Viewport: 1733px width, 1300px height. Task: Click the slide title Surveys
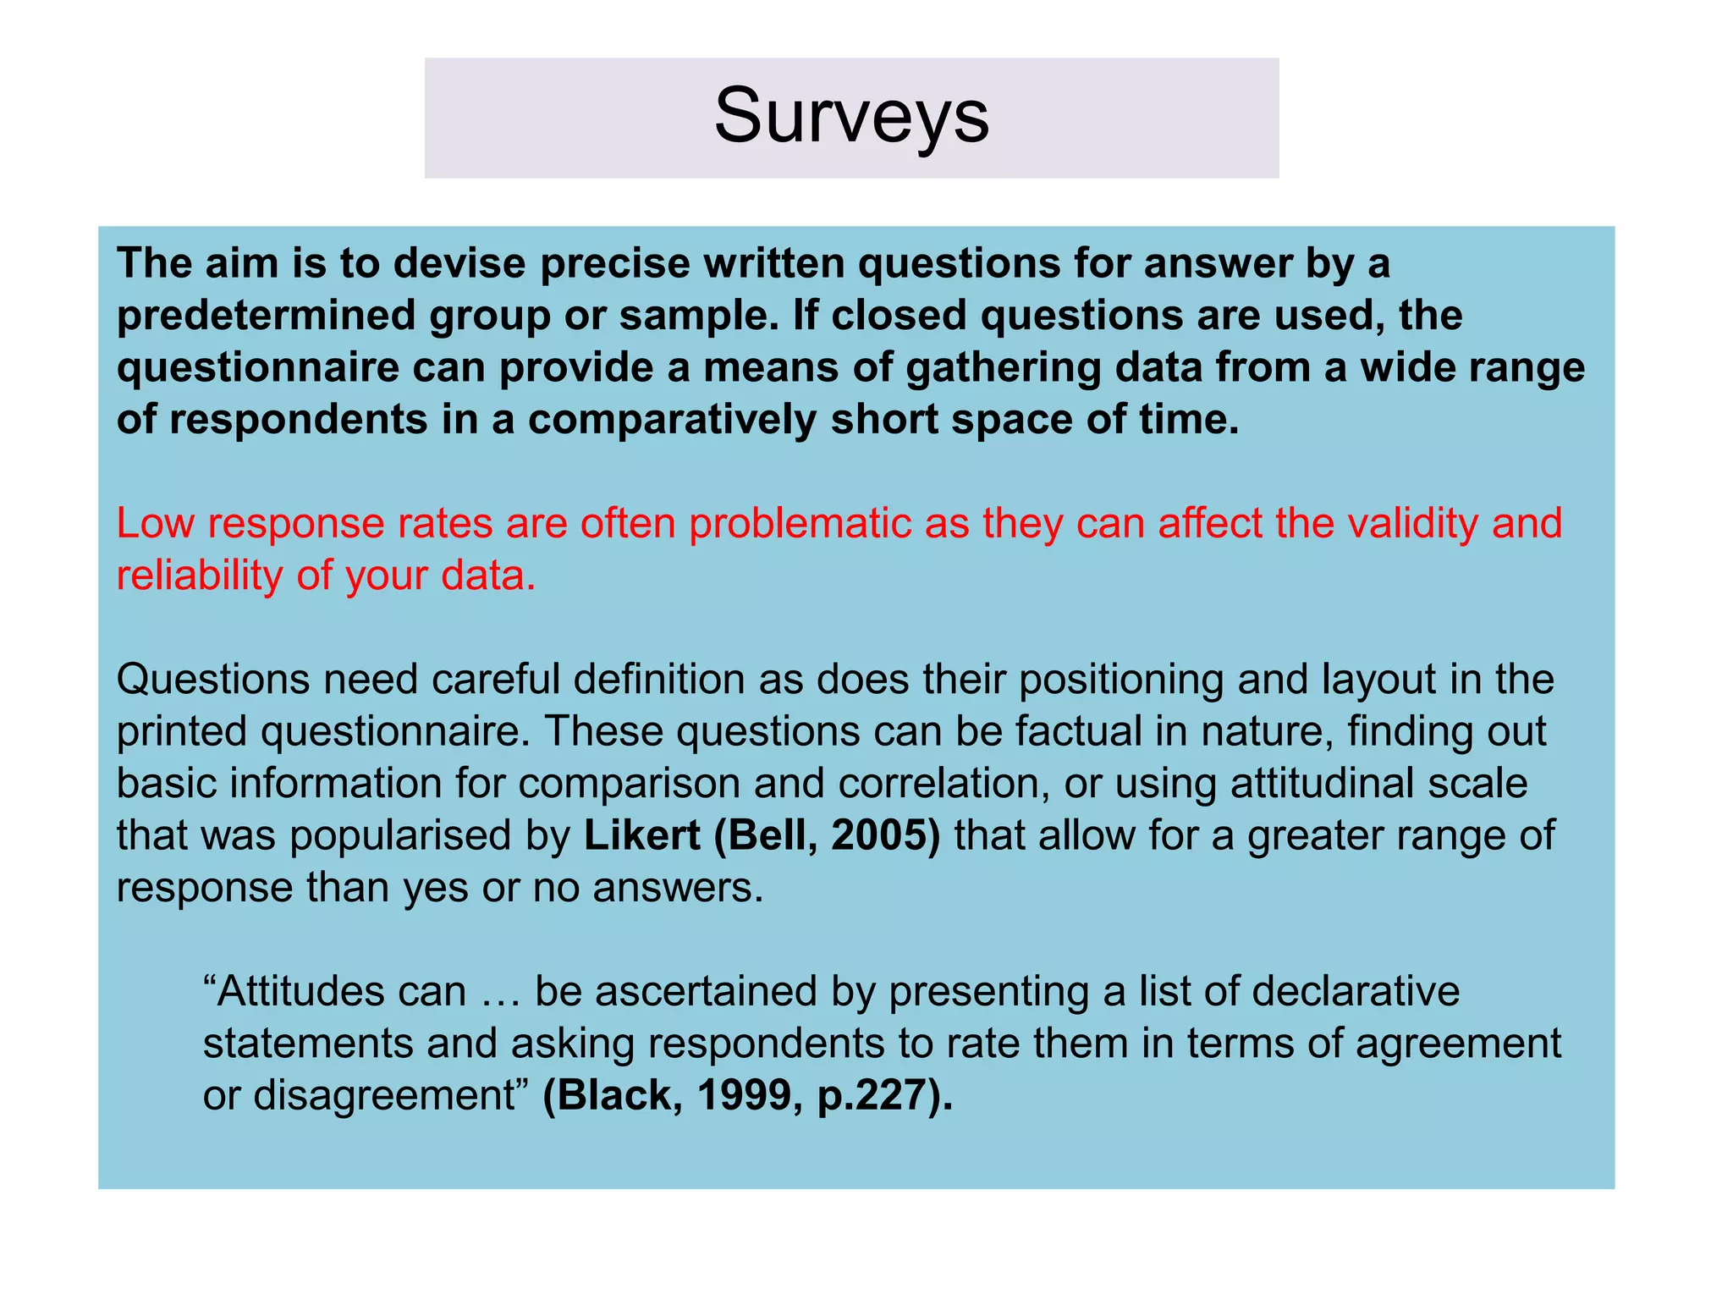coord(851,116)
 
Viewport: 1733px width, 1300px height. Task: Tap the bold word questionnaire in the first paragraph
coord(257,368)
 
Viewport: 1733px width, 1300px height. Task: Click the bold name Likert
coord(642,835)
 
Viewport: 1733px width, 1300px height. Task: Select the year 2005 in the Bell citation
coord(883,835)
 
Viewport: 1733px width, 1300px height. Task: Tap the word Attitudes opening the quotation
coord(335,991)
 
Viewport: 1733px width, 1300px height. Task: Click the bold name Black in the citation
coord(613,1095)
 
